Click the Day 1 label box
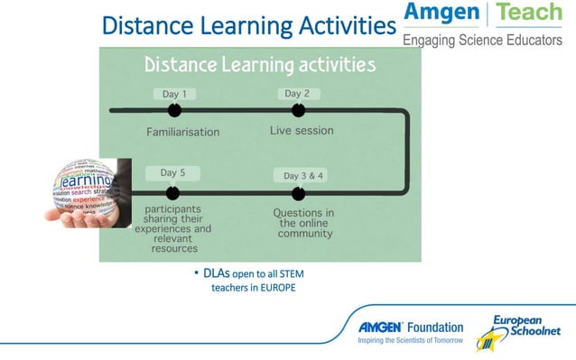pyautogui.click(x=173, y=94)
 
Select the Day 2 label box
pyautogui.click(x=298, y=93)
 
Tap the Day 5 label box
pyautogui.click(x=173, y=172)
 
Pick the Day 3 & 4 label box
pyautogui.click(x=303, y=175)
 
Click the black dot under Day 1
pyautogui.click(x=174, y=110)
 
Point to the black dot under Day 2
pyautogui.click(x=298, y=110)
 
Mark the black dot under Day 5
pyautogui.click(x=172, y=192)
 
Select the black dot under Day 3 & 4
pyautogui.click(x=298, y=192)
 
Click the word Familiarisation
pyautogui.click(x=183, y=132)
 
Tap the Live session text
pyautogui.click(x=302, y=131)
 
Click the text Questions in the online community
pyautogui.click(x=304, y=223)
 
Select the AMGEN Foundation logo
pyautogui.click(x=411, y=330)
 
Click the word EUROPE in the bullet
pyautogui.click(x=277, y=288)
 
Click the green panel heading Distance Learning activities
pyautogui.click(x=261, y=65)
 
